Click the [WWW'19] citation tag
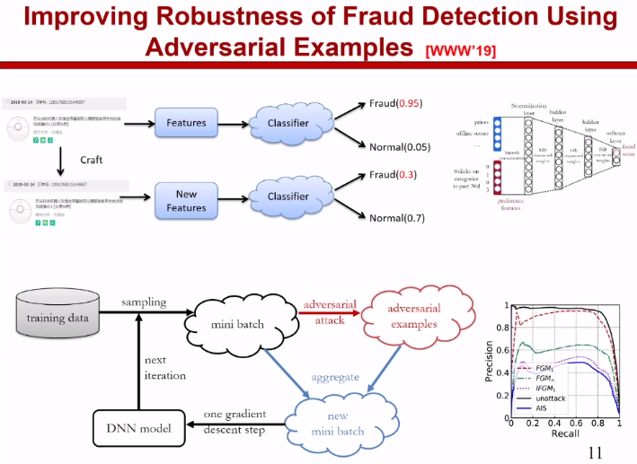pos(463,49)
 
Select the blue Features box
pos(186,123)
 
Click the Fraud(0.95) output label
pos(395,104)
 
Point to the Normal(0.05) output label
pos(400,146)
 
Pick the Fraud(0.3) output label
pos(393,175)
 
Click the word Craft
pos(91,160)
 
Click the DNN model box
pos(133,430)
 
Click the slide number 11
pos(595,451)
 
